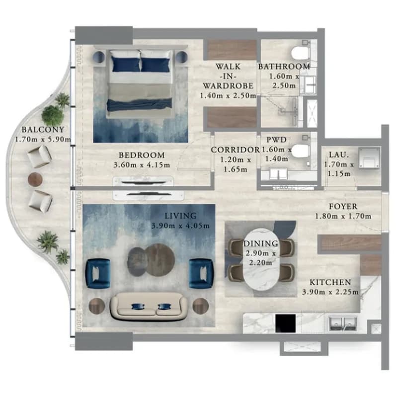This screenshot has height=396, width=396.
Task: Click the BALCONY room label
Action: coord(43,130)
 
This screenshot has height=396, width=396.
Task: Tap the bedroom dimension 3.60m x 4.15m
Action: coord(142,165)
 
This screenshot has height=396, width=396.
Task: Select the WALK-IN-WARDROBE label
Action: coord(228,77)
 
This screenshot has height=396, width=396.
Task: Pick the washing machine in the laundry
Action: coord(369,158)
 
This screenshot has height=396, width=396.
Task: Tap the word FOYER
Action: coord(343,206)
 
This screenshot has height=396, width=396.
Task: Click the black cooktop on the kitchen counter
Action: coord(285,323)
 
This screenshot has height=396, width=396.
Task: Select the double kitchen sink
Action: coord(343,324)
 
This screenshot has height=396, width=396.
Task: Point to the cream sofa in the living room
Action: coord(149,307)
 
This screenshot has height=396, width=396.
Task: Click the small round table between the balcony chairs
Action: coord(35,179)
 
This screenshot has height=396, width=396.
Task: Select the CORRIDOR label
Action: coord(235,150)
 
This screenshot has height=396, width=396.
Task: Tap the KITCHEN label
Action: coord(330,282)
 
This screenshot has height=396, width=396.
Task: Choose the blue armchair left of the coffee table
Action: coord(98,273)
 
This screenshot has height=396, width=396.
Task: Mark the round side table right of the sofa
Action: coord(201,306)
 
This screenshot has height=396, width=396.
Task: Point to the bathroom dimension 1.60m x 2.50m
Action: coord(284,80)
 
